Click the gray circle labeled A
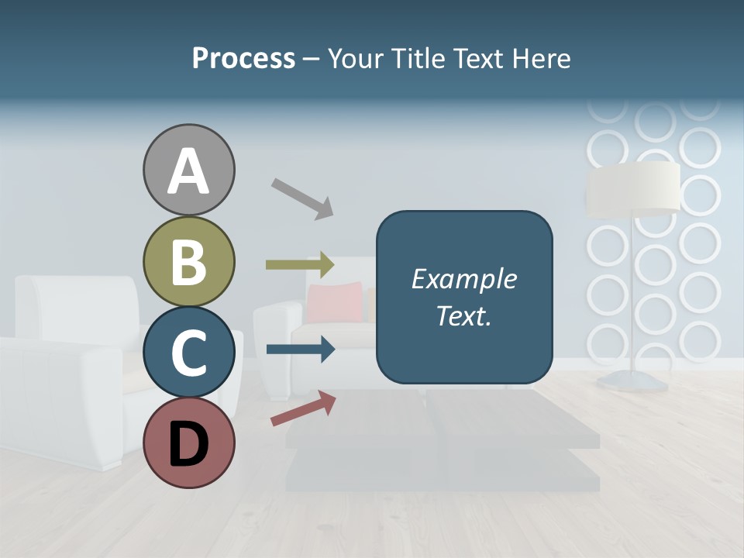coord(188,170)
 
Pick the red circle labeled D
coord(188,443)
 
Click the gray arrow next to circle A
coord(302,198)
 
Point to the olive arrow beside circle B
coord(300,265)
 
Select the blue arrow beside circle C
coord(300,350)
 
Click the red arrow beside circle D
coord(303,408)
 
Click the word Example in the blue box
coord(463,279)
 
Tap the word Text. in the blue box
coord(463,315)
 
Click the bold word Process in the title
coord(243,58)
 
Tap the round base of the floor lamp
coord(633,379)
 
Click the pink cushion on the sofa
coord(334,303)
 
